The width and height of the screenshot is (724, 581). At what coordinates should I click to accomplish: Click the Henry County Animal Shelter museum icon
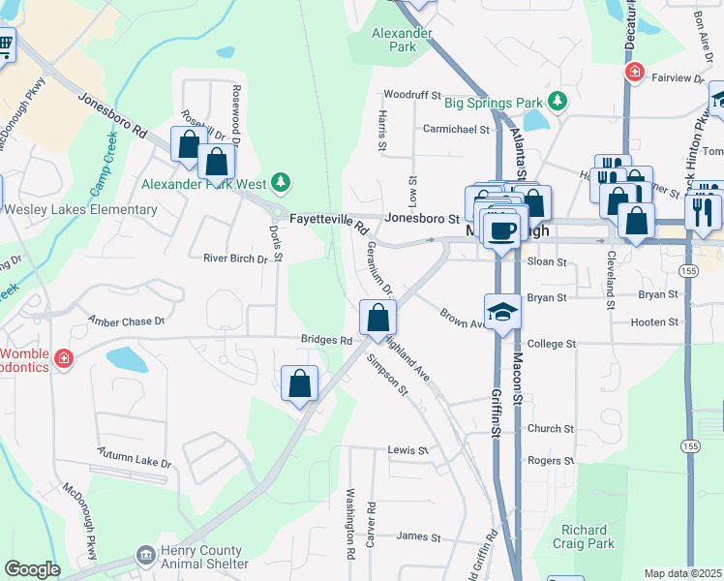[146, 554]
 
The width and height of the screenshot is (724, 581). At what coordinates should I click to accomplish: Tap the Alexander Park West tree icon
[281, 182]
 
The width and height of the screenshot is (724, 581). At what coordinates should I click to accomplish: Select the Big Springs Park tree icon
[557, 101]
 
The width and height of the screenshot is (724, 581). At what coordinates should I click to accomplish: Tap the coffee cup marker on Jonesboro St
[501, 230]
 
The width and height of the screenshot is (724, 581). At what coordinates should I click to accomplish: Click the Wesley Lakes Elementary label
[80, 209]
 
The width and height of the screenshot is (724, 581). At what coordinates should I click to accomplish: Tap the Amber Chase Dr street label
[127, 321]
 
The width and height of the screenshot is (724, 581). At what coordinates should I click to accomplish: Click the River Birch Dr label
[234, 259]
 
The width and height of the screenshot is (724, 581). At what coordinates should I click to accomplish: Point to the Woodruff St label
[412, 95]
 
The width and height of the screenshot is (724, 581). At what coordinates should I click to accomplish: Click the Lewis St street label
[407, 451]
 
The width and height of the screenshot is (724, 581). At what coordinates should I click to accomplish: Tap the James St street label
[418, 536]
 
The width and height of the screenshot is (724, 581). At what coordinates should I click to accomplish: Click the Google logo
[32, 569]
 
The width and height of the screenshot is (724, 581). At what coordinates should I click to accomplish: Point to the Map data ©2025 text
[681, 573]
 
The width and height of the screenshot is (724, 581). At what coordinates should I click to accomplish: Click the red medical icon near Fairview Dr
[634, 73]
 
